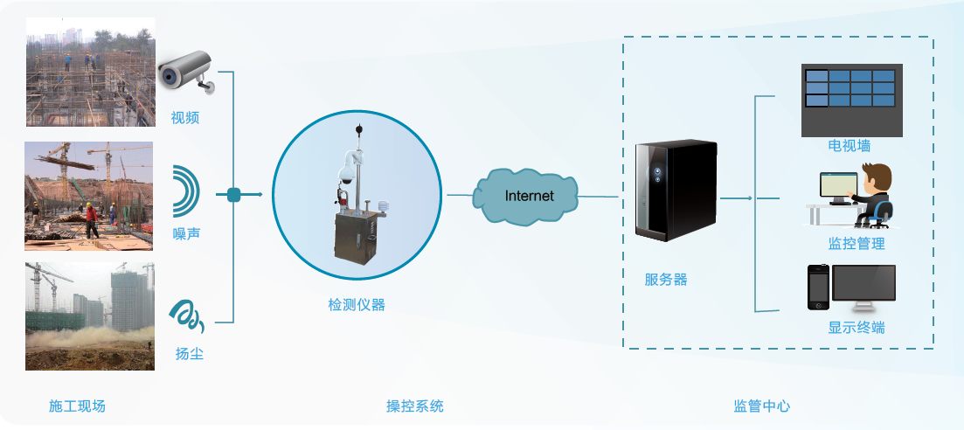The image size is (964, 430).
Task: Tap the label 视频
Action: [x=185, y=117]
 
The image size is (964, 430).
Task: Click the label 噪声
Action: [x=186, y=233]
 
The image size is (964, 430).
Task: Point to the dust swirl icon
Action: [x=186, y=316]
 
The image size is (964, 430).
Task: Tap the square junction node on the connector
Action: [x=233, y=195]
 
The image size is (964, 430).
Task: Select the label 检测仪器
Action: [x=357, y=305]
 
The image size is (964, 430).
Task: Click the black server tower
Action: [x=676, y=190]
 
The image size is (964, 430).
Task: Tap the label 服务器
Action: [x=666, y=280]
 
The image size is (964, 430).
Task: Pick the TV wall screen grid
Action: [x=851, y=90]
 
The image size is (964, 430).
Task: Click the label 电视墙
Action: [x=850, y=145]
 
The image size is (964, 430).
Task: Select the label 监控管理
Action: [x=857, y=244]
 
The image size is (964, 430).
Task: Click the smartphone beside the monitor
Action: [x=817, y=288]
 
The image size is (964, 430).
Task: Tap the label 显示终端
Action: [x=857, y=328]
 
